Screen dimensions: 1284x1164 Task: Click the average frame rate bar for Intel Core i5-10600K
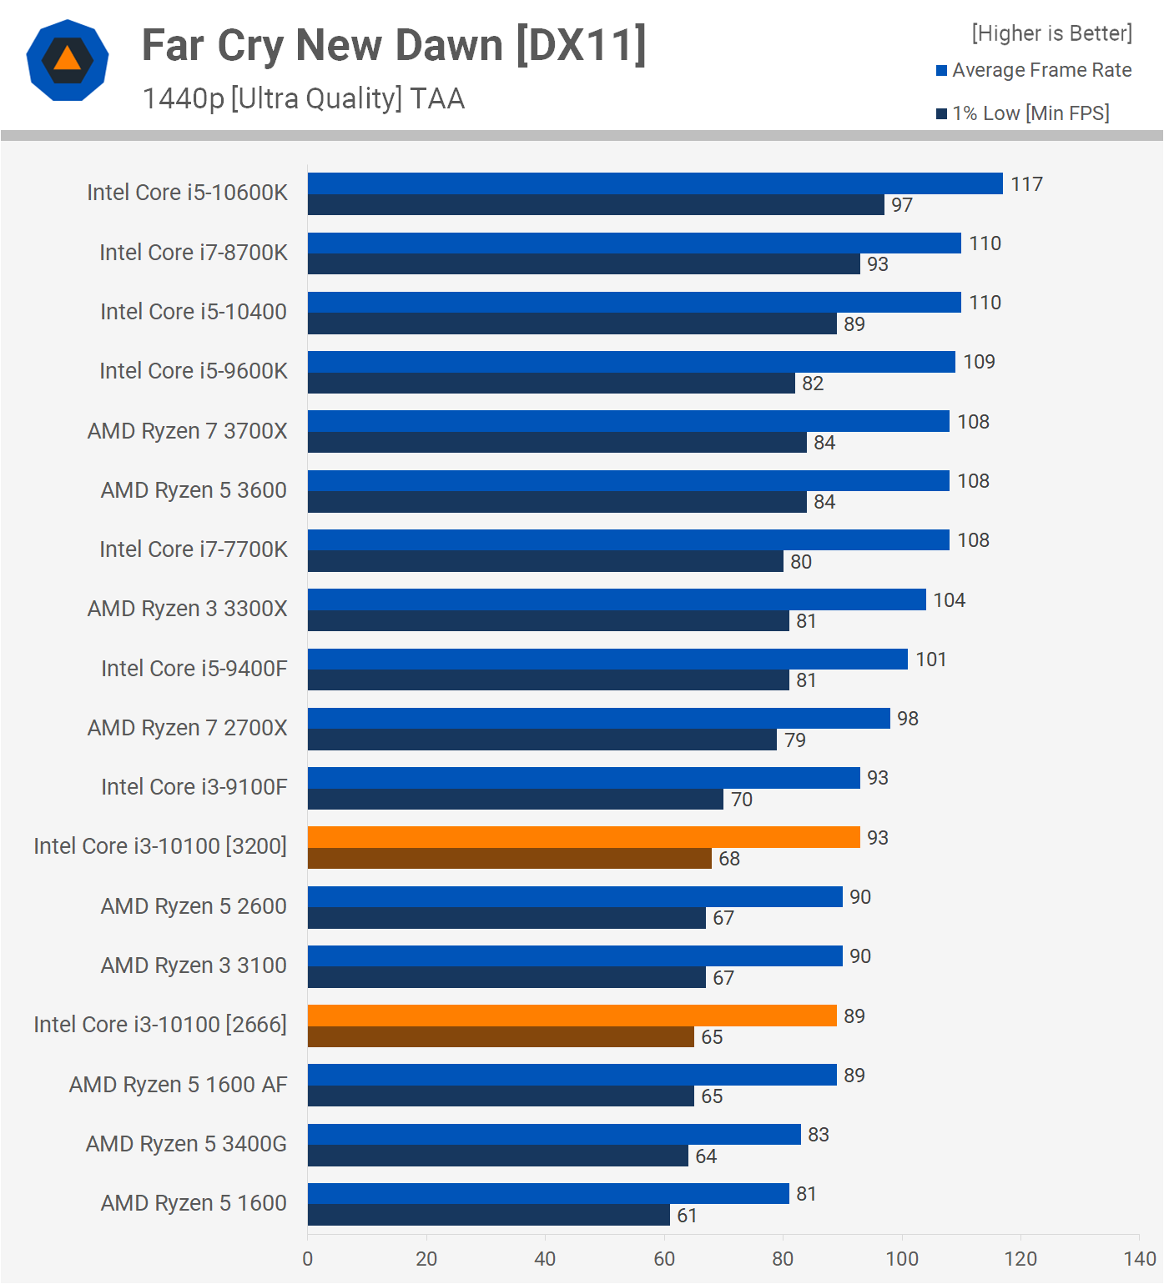click(655, 183)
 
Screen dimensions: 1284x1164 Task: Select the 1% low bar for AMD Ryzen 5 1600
click(488, 1215)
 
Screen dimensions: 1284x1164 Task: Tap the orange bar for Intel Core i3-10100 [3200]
click(584, 837)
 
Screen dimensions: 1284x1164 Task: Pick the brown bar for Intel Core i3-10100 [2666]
click(501, 1036)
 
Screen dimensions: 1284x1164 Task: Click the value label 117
click(1026, 184)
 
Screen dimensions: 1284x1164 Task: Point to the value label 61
click(687, 1216)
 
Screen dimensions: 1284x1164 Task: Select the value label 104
click(949, 600)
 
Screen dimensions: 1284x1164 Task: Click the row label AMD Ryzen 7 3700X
click(187, 431)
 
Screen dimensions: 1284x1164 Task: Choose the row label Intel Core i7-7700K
click(193, 549)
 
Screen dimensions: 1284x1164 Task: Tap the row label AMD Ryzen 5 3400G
click(186, 1144)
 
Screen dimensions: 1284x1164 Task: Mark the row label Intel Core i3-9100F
click(194, 787)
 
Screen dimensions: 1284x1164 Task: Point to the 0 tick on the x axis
click(308, 1259)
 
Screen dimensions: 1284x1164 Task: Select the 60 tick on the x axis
click(664, 1259)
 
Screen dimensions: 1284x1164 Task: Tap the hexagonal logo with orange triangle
click(68, 60)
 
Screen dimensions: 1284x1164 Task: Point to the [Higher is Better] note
click(1051, 33)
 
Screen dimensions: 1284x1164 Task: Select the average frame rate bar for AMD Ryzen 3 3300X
click(617, 599)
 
